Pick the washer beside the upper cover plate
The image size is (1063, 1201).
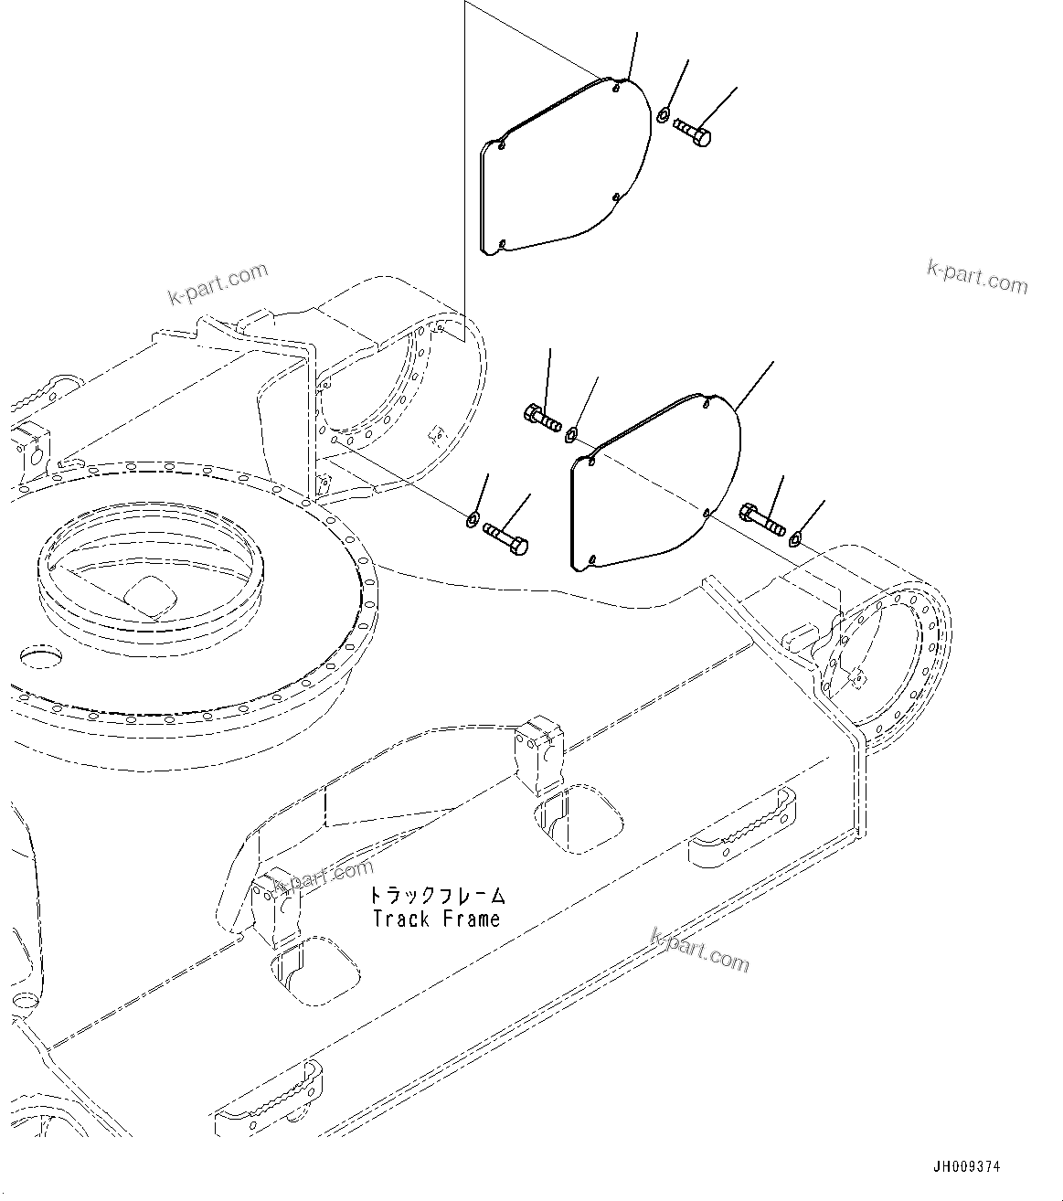pos(663,114)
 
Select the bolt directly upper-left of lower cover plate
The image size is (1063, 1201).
pos(542,420)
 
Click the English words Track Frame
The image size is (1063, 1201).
pos(437,919)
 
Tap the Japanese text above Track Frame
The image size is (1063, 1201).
pos(437,895)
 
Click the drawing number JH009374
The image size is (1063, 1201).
pos(966,1167)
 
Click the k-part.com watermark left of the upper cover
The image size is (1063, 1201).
pos(218,284)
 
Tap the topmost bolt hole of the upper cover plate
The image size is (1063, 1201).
pos(618,90)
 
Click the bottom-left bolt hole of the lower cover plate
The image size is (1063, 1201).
pos(592,558)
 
